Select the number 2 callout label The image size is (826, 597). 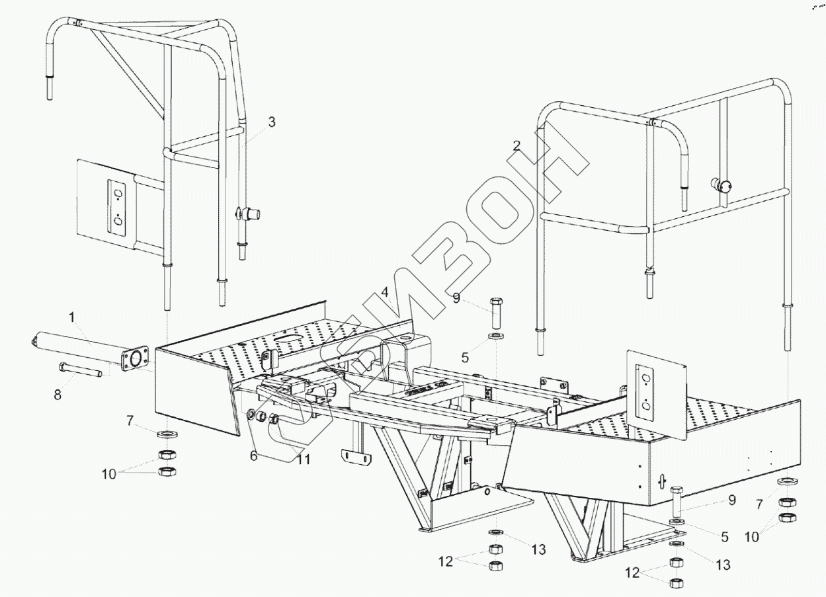(516, 145)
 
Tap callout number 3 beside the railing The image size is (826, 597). (272, 122)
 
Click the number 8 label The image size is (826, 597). (58, 395)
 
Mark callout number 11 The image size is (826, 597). (303, 458)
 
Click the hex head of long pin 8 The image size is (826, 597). (62, 367)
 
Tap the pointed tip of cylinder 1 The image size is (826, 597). (33, 342)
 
